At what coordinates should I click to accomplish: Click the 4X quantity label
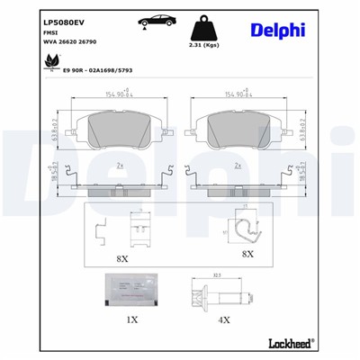[226, 320]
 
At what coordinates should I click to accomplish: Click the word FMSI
[25, 29]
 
